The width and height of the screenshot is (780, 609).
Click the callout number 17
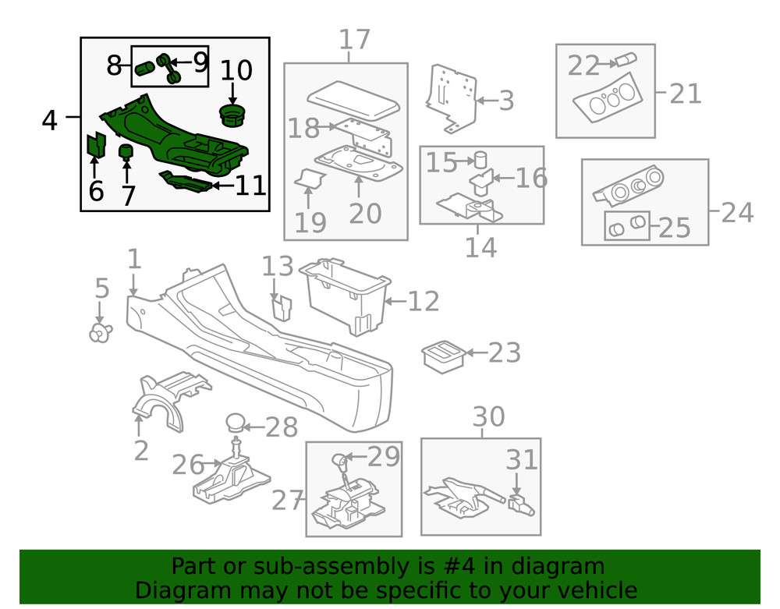click(x=355, y=41)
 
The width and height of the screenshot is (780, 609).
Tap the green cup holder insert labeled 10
click(x=231, y=117)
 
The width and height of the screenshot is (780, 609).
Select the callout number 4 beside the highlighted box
click(x=49, y=120)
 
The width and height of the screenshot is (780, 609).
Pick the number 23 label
click(x=504, y=353)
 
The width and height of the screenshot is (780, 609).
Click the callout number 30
click(x=488, y=417)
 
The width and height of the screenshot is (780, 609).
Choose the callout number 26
click(x=188, y=466)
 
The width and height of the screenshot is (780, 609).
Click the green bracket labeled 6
click(x=95, y=145)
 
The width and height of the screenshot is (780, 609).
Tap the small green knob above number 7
click(x=124, y=150)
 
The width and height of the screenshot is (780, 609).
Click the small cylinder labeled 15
click(x=481, y=159)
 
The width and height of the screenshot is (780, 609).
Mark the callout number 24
click(x=737, y=211)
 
